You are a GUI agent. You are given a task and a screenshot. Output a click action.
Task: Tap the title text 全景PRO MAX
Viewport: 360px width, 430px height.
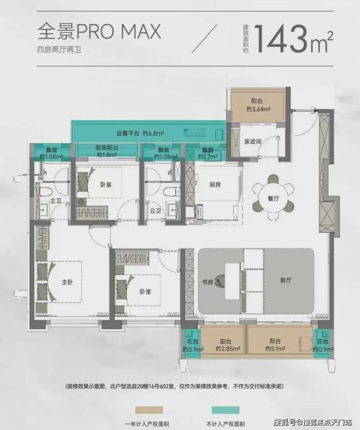coord(99,31)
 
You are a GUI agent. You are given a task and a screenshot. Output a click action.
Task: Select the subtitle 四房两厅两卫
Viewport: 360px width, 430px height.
coord(59,50)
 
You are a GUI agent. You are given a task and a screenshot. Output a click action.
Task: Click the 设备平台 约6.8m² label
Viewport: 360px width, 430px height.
coord(140,133)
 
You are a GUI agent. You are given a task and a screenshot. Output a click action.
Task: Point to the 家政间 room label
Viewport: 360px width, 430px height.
coord(252,142)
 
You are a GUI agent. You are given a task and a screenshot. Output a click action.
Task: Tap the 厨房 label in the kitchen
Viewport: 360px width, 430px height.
coord(215,184)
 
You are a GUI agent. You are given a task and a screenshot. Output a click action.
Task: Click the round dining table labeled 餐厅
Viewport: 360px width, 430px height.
coord(273,198)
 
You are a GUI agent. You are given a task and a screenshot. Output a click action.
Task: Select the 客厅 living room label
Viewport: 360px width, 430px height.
coord(286,280)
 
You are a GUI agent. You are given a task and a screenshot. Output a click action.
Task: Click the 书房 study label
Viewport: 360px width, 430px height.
coord(207,281)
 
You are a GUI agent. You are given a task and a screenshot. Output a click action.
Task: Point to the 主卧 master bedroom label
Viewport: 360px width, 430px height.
coord(67,281)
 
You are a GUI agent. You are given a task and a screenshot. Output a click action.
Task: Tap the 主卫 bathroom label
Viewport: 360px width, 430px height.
coord(55,201)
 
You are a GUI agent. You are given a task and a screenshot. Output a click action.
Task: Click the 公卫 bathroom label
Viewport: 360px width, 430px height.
coord(155,210)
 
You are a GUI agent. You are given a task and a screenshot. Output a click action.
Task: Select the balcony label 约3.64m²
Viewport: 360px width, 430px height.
coord(258,109)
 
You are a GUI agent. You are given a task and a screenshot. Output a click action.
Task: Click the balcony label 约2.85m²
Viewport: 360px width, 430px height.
coord(228,349)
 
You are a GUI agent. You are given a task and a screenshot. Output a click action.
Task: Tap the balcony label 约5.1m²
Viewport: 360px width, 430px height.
coord(275,348)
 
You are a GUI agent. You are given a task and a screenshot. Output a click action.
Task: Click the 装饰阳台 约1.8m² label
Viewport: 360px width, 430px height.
coord(107,151)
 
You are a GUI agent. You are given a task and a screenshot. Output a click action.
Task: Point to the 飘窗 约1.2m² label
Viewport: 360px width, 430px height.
coord(208,153)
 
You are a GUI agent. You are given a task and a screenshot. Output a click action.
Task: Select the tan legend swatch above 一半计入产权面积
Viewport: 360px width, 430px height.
coord(149,410)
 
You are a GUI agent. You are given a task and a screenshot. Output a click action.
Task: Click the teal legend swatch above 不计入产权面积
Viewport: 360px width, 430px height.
coord(225,410)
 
